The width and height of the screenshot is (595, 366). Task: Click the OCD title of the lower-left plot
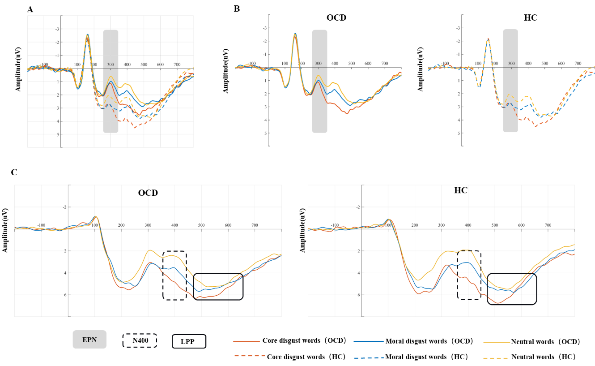pos(148,194)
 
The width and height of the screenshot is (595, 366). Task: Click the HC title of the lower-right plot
pos(460,190)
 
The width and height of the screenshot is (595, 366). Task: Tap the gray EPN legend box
pos(89,340)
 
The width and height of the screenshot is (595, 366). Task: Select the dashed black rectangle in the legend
pos(140,340)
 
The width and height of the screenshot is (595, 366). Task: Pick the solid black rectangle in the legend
pos(189,341)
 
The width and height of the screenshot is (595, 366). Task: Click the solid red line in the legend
pos(246,341)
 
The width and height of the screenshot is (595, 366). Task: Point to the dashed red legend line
pos(249,356)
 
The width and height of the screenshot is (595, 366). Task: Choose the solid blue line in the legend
pos(369,341)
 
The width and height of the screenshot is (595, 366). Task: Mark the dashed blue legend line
pos(369,358)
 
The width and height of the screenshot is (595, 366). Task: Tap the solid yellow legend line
pos(497,342)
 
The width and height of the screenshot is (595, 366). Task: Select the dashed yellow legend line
pos(496,358)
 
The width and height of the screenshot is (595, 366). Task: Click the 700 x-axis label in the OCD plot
pos(255,225)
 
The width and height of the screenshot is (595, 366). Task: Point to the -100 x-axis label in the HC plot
pos(335,225)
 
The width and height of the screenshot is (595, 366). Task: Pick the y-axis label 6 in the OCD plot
pos(66,295)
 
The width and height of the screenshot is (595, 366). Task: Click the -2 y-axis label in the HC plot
pos(357,207)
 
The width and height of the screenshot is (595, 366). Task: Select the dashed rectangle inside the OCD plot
pos(174,275)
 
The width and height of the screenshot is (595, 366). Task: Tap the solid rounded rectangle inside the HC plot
pos(511,289)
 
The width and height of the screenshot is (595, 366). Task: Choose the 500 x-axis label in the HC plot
pos(494,225)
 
